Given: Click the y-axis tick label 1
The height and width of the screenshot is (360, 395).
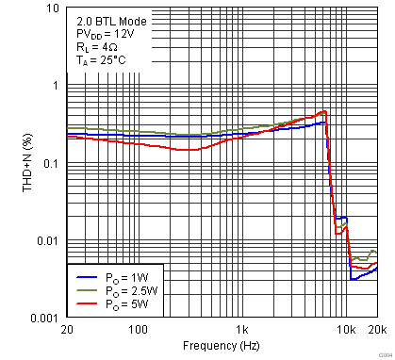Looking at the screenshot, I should click(55, 86).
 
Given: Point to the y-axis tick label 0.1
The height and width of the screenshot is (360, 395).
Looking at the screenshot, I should click(51, 163).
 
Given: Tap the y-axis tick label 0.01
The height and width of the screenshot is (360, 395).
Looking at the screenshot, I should click(48, 241).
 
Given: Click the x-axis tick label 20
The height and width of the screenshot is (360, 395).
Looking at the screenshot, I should click(67, 331).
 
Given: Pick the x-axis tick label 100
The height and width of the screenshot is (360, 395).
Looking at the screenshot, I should click(138, 331).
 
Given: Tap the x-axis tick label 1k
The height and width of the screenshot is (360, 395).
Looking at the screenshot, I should click(242, 331).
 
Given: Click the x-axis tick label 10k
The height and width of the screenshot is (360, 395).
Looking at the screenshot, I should click(346, 331).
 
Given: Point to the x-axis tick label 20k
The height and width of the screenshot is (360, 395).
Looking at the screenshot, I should click(376, 331).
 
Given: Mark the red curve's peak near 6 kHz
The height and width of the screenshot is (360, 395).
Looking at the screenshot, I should click(322, 112).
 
